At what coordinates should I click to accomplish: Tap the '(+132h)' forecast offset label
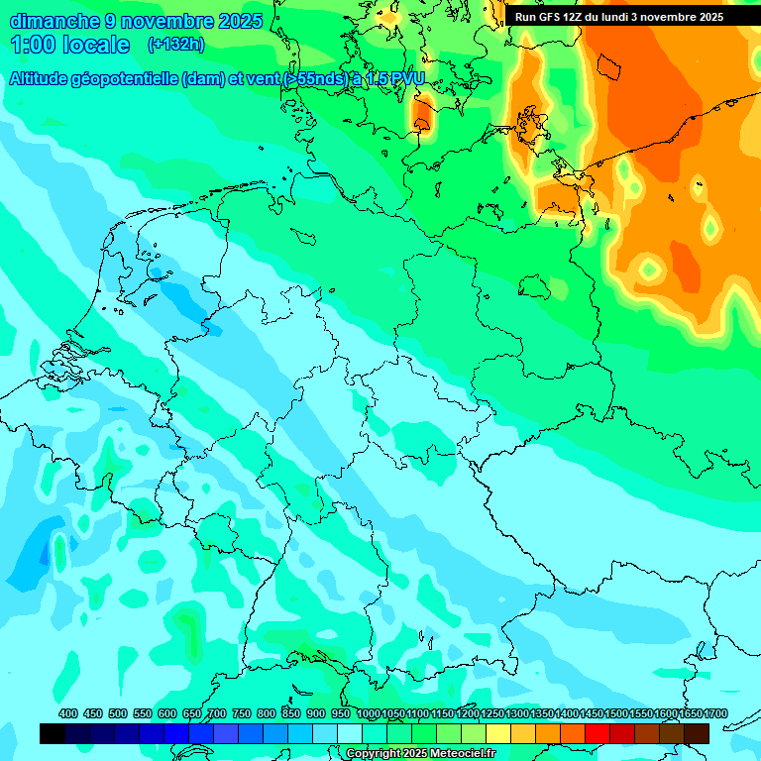pos(175,44)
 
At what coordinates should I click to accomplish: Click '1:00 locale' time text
pos(70,45)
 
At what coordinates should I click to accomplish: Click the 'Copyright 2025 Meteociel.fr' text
pos(420,753)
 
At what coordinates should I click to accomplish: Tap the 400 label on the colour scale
pos(68,713)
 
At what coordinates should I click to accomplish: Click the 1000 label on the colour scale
pos(369,713)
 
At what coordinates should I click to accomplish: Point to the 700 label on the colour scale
pos(217,713)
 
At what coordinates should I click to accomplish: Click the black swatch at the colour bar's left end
pos(53,734)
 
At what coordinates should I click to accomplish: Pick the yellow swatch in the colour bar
pos(498,734)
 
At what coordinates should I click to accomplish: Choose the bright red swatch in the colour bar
pos(598,734)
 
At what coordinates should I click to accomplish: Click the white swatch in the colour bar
pos(350,734)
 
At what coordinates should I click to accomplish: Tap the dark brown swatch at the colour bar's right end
pos(697,734)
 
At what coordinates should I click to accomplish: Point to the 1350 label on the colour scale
pos(542,713)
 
